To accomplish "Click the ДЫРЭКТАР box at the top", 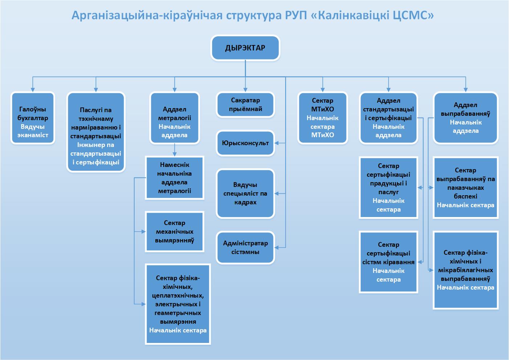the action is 245,48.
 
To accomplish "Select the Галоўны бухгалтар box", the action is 33,118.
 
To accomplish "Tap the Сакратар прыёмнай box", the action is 245,105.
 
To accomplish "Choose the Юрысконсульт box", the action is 245,143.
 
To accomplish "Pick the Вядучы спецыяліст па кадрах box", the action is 245,193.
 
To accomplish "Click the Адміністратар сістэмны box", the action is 245,247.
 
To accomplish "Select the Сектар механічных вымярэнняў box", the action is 175,232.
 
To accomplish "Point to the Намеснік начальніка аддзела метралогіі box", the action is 175,178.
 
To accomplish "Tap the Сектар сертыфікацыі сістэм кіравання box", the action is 388,262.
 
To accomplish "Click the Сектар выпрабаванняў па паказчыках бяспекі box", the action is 465,188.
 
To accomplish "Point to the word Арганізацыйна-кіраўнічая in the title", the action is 147,16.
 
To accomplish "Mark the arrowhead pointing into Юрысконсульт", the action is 276,143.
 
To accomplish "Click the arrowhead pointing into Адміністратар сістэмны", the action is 276,247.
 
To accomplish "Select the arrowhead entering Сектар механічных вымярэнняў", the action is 143,232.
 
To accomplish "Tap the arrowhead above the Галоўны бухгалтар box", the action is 33,90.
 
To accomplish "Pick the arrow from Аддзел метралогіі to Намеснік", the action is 175,150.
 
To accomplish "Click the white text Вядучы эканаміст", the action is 33,131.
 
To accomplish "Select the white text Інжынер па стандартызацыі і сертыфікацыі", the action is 96,154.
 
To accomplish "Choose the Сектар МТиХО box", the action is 323,118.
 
